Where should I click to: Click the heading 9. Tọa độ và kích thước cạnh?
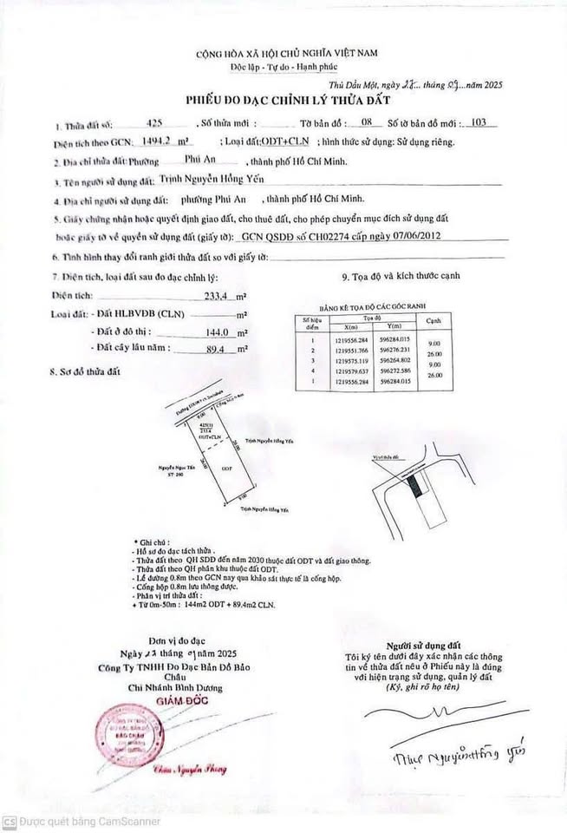pos(401,277)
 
